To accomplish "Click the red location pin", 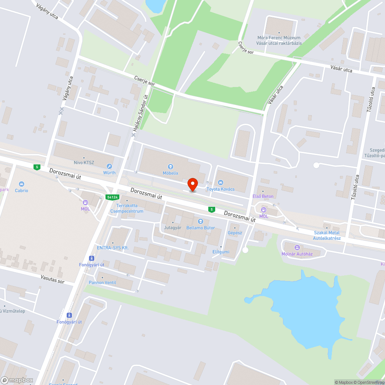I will coord(192,184).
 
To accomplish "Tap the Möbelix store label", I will coord(170,173).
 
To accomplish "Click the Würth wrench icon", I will coord(109,166).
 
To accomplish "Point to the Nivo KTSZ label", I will coord(84,163).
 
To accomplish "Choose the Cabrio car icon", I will coord(22,184).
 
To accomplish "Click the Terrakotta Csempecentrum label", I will coord(127,209).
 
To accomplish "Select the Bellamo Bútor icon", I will coord(200,221).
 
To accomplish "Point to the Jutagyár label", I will coord(172,228).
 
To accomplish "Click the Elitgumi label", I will coord(221,252).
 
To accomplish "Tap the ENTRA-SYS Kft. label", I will coord(113,248).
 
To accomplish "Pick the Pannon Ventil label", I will coord(102,283).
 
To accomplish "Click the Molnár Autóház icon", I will coord(297,247).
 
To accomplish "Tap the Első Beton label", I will coord(263,196).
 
